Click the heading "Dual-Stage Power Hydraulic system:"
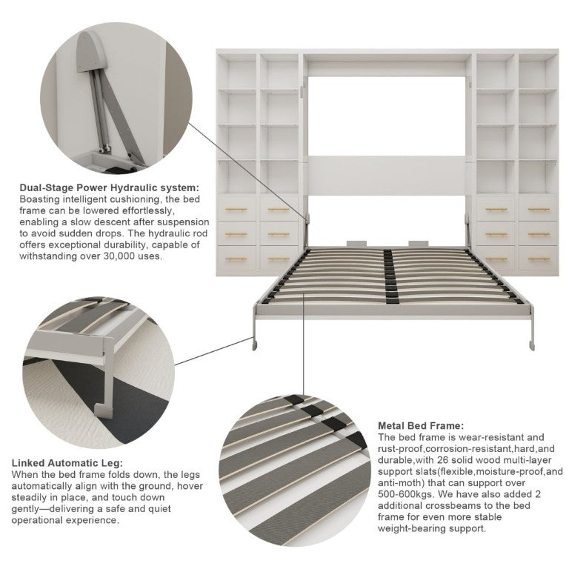point(109,187)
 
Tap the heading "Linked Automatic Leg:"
point(67,463)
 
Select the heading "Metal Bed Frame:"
point(421,426)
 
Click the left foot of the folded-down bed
point(255,343)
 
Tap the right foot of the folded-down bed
point(532,344)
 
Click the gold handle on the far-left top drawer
point(236,210)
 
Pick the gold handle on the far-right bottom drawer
point(539,259)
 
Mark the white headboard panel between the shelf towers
point(387,176)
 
